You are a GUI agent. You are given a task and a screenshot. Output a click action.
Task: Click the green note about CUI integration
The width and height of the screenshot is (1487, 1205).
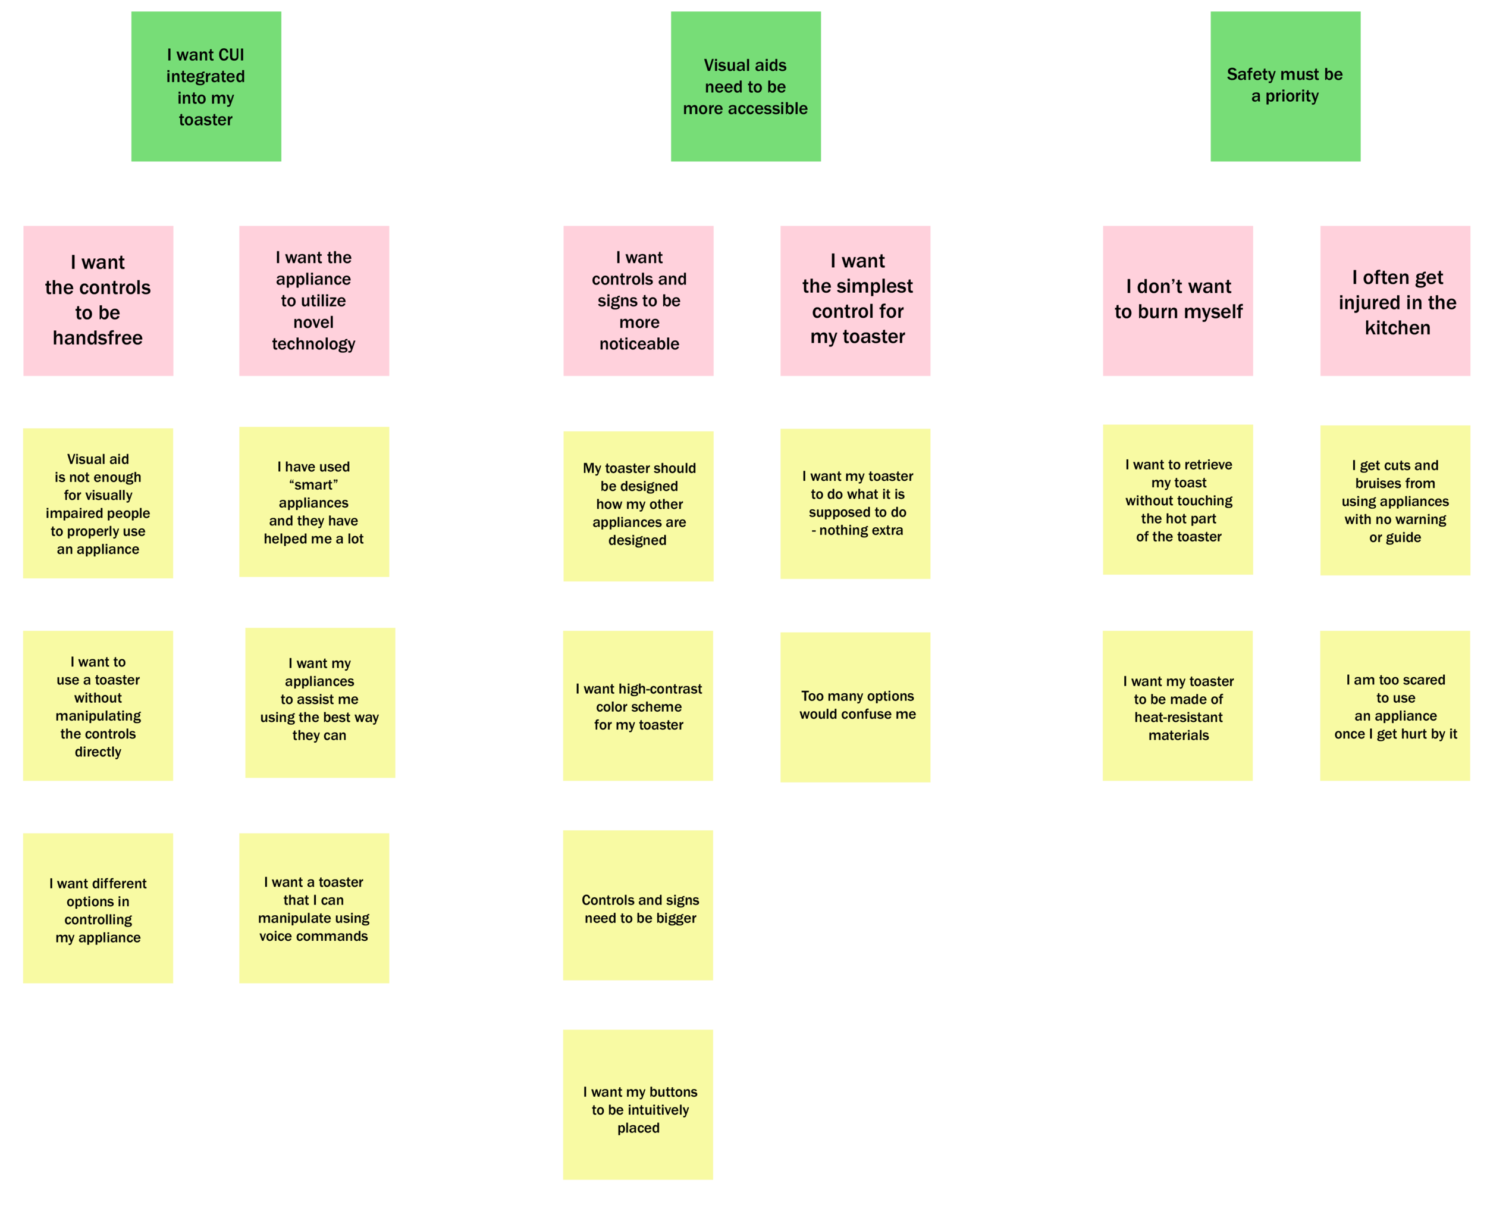click(206, 86)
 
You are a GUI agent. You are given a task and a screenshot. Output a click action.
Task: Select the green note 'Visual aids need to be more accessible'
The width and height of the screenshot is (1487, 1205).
click(745, 86)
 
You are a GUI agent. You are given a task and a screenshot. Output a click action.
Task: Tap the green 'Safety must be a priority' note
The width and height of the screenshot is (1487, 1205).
click(1285, 86)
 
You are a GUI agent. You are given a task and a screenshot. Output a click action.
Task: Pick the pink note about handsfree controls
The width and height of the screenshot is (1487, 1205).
click(98, 301)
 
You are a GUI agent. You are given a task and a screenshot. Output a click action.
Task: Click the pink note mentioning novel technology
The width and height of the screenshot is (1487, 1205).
click(313, 301)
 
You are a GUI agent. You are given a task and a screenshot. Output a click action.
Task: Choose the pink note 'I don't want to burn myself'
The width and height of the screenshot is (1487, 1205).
click(1178, 301)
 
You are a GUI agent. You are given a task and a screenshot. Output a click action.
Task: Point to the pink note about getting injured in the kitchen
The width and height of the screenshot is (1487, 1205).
click(1395, 301)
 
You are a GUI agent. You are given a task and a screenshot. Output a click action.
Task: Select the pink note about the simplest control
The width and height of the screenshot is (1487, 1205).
click(855, 301)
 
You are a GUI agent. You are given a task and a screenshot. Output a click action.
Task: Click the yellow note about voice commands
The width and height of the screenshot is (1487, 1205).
click(313, 908)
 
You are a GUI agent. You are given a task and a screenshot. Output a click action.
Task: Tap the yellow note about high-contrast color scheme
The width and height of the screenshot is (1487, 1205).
click(638, 705)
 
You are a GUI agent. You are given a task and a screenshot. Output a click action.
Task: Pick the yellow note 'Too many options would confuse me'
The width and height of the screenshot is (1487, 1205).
click(855, 706)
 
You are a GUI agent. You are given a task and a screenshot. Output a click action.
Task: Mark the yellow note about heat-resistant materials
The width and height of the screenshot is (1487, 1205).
click(1177, 705)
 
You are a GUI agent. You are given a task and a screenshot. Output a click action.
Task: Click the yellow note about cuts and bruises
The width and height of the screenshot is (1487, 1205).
click(1395, 500)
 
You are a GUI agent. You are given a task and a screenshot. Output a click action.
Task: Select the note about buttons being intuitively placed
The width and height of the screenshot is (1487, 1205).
click(638, 1104)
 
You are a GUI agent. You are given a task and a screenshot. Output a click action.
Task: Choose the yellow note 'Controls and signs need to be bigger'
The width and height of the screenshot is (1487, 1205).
click(638, 904)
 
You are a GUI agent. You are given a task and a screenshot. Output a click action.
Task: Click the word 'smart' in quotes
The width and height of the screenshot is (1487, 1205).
click(313, 484)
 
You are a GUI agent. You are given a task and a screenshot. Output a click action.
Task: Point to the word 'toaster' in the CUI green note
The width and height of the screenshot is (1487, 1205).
click(205, 120)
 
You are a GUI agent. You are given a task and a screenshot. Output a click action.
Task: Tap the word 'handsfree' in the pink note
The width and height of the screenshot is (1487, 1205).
click(98, 338)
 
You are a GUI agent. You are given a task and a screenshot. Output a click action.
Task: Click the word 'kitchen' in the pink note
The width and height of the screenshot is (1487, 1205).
click(1398, 328)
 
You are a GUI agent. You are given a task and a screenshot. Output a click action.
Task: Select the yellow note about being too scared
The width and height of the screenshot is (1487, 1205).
click(1395, 705)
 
